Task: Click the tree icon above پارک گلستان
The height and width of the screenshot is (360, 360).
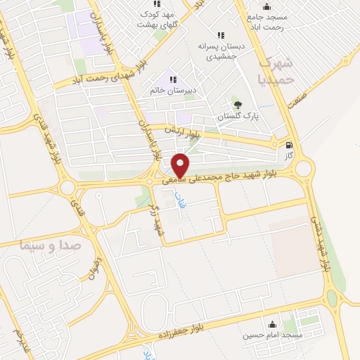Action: (x=238, y=105)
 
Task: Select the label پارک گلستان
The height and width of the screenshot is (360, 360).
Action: (x=238, y=116)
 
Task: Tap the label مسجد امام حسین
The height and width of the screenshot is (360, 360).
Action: (x=273, y=335)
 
